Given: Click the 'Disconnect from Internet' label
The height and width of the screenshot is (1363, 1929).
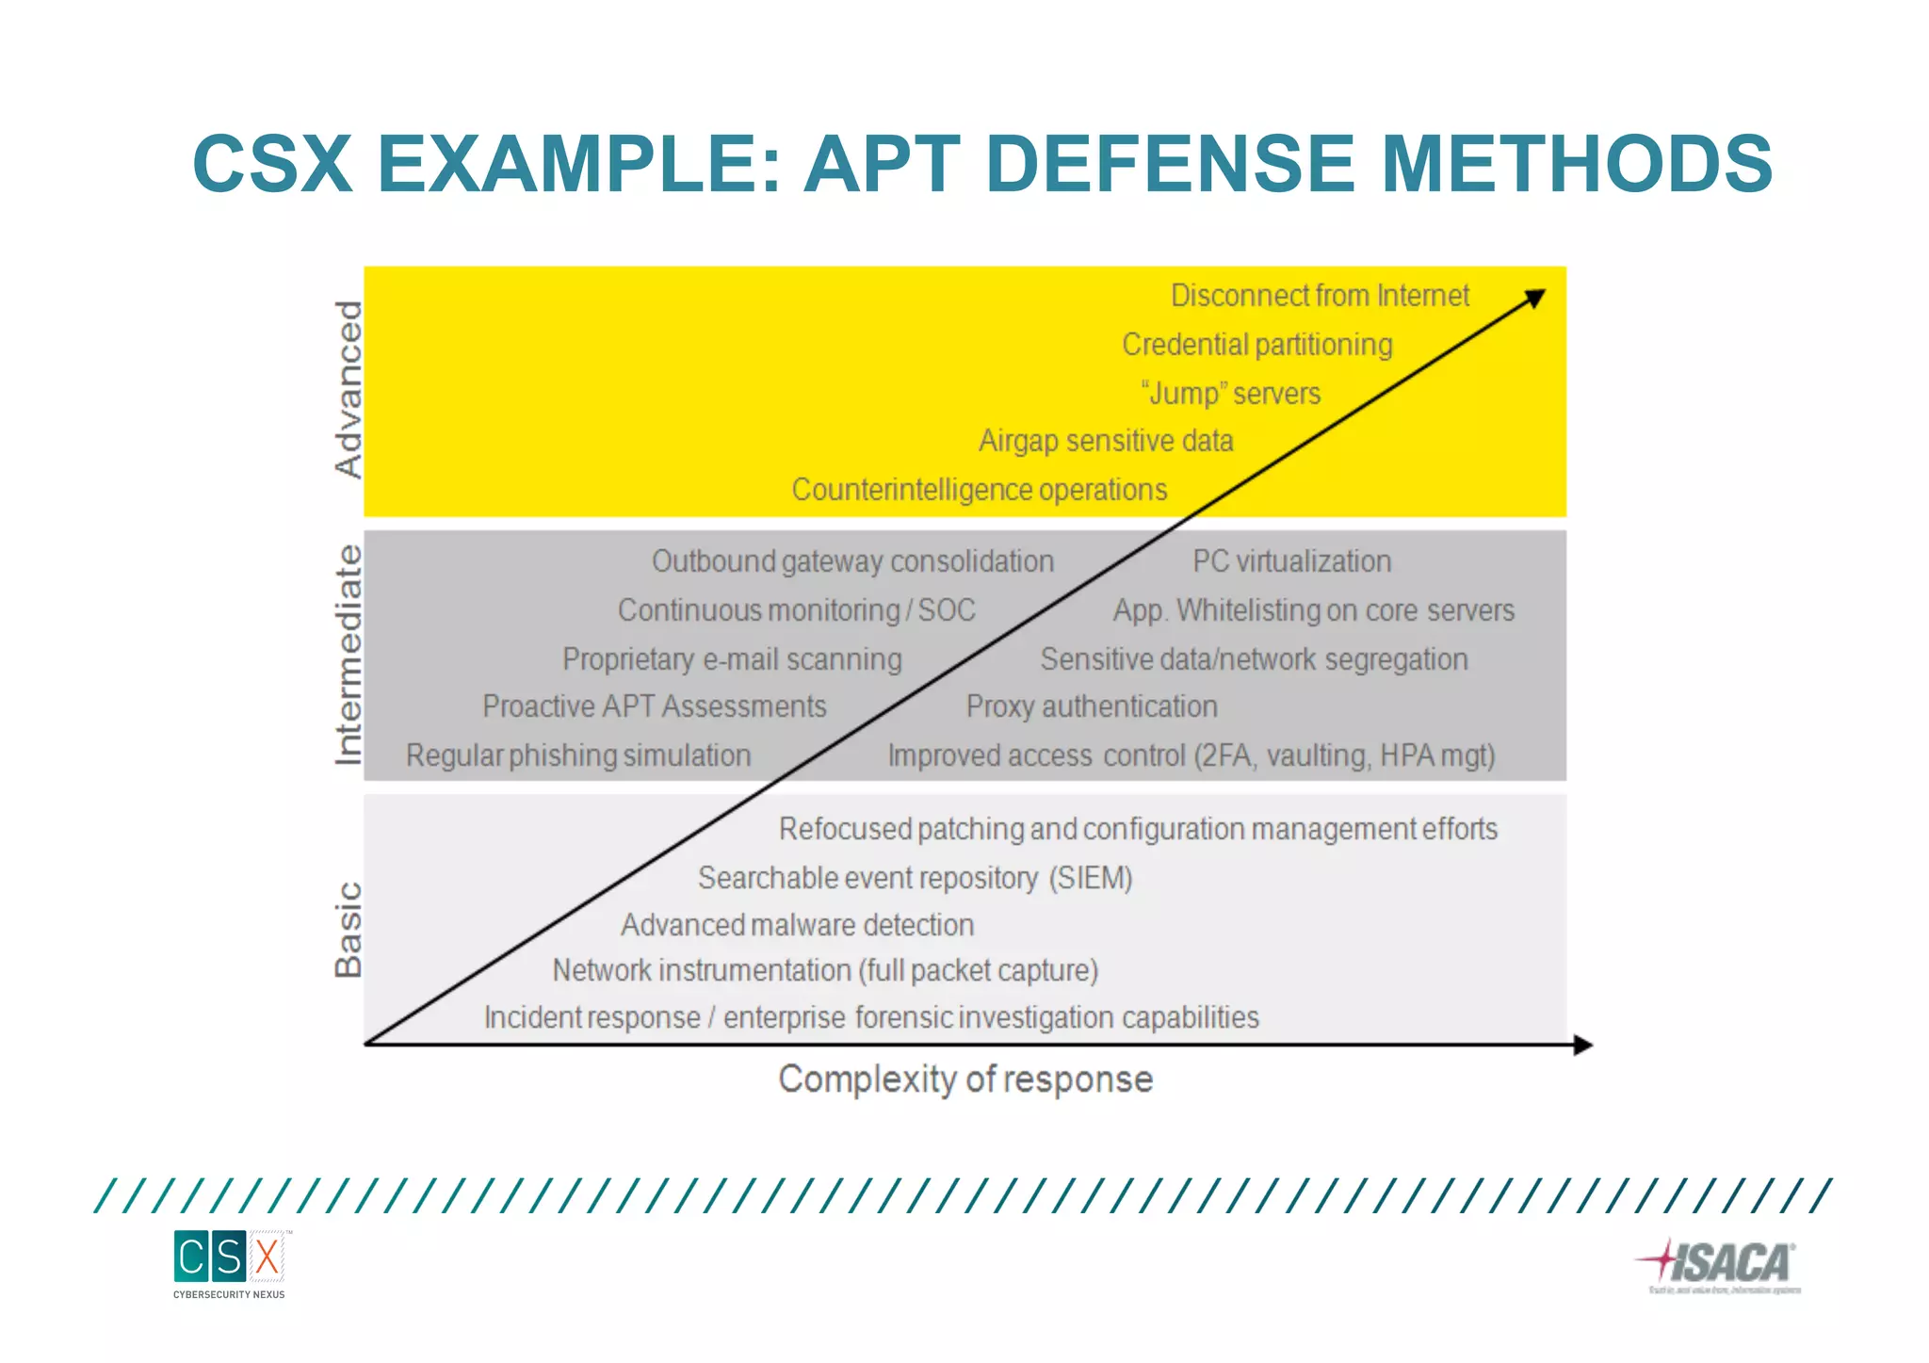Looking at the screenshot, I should tap(1320, 296).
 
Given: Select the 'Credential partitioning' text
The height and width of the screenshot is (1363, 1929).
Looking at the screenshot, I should tap(1256, 345).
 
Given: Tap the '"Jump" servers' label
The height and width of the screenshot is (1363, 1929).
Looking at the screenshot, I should tap(1230, 393).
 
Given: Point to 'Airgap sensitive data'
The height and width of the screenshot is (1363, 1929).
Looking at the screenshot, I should tap(1106, 441).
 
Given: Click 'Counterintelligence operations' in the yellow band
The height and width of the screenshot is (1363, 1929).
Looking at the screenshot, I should tap(979, 490).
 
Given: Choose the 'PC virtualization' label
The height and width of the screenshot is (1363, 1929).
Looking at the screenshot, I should tap(1291, 561).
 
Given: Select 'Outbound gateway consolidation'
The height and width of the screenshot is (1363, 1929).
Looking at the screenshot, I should tap(852, 561).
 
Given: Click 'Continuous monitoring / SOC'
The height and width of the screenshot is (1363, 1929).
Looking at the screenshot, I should tap(796, 610).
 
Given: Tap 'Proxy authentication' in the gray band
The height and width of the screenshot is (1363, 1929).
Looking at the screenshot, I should tap(1092, 706).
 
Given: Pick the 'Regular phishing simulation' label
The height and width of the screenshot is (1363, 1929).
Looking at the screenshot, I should tap(578, 755).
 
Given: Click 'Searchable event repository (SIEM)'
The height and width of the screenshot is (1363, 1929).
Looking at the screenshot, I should tap(915, 878).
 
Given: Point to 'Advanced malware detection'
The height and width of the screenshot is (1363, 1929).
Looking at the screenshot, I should tap(797, 925).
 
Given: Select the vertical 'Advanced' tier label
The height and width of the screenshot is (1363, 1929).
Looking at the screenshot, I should tap(349, 389).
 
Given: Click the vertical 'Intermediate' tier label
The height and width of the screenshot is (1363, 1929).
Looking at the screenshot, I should tap(349, 655).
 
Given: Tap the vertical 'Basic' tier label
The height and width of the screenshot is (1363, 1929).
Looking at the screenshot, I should tap(349, 930).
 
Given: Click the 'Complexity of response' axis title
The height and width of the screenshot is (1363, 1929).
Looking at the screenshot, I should tap(965, 1079).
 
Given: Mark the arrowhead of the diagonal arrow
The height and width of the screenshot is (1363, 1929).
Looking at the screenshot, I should tap(1535, 299).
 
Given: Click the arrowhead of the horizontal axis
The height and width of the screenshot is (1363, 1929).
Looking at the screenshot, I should tap(1583, 1045).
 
